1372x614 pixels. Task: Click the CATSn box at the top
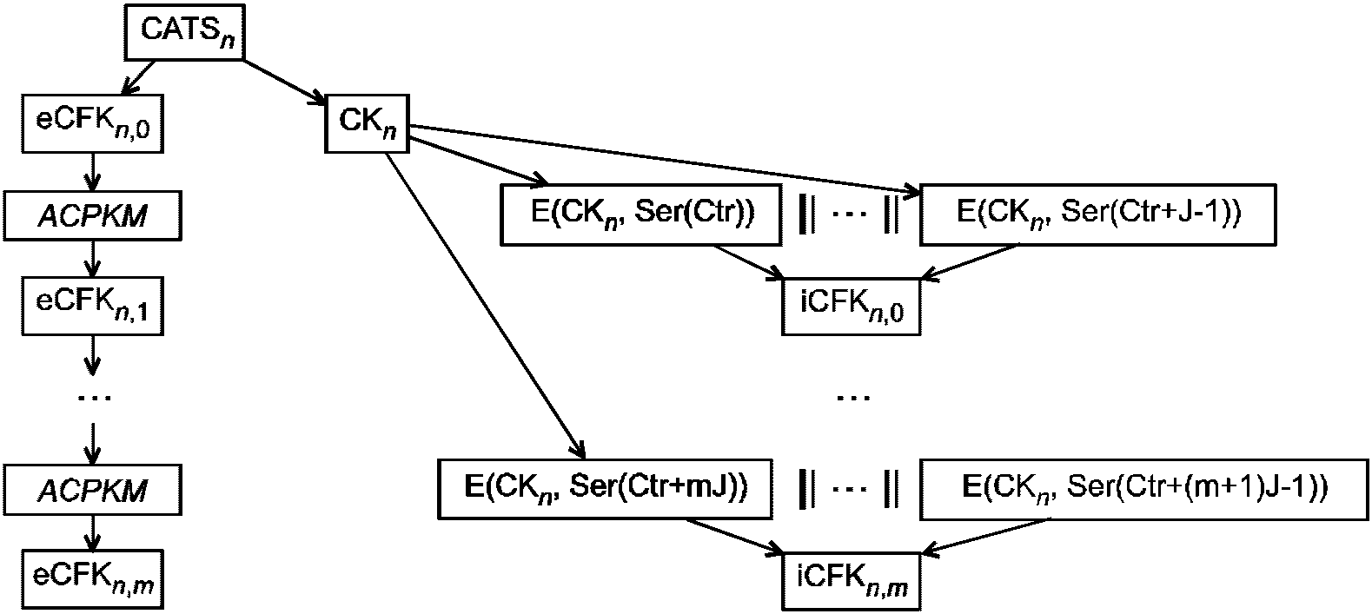185,32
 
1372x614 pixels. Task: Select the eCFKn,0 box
92,123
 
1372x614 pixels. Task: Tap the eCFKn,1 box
92,306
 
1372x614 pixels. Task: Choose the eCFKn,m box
92,579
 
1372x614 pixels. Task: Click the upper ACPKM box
92,215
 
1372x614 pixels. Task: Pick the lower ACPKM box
92,490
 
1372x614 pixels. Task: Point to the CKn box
367,123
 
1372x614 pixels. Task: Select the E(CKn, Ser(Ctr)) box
640,215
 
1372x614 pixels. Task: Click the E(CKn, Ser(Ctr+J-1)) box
1097,215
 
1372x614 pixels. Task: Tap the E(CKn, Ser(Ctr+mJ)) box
605,489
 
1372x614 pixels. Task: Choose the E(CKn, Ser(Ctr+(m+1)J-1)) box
1143,489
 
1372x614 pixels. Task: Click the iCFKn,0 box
851,307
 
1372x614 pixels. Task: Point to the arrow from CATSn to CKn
285,81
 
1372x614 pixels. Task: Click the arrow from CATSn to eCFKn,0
138,78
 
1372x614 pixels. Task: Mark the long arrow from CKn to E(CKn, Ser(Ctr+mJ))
485,305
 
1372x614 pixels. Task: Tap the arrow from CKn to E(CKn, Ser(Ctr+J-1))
664,161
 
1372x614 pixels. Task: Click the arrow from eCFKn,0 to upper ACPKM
92,172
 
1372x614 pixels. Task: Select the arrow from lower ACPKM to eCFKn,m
92,532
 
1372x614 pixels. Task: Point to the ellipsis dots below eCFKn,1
94,398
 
